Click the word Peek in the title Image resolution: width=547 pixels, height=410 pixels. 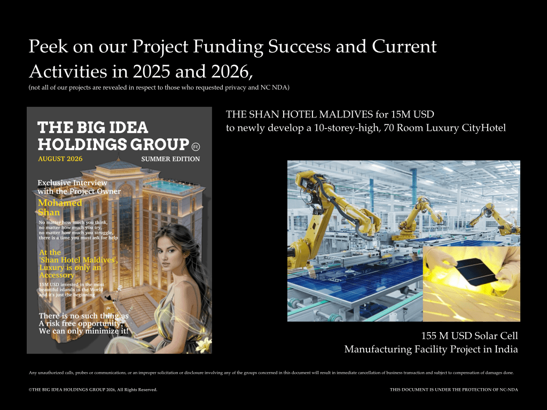[x=48, y=46]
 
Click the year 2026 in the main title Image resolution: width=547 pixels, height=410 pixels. [x=230, y=72]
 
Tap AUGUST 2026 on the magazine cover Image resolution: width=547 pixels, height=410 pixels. [x=60, y=159]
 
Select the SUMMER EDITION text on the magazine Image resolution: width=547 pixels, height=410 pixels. [x=170, y=159]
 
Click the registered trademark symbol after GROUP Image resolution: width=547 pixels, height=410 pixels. [x=196, y=147]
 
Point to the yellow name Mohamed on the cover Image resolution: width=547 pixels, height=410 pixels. [x=60, y=203]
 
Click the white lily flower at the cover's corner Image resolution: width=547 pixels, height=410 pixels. [x=204, y=345]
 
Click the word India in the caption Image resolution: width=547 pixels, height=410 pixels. [x=506, y=349]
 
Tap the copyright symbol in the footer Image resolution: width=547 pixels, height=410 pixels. [x=30, y=390]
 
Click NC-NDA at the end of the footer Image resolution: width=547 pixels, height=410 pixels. [x=509, y=390]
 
